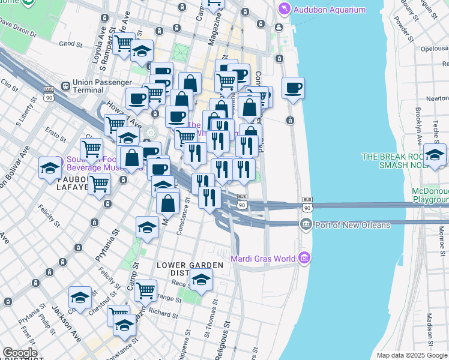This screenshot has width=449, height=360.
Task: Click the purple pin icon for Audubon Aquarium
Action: pyautogui.click(x=284, y=9)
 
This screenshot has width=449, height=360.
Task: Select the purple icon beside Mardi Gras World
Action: pyautogui.click(x=304, y=259)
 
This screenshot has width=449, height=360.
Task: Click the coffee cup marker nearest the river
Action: pyautogui.click(x=293, y=88)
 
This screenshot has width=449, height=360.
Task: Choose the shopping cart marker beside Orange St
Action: pyautogui.click(x=146, y=290)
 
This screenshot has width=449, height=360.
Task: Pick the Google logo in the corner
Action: pyautogui.click(x=20, y=353)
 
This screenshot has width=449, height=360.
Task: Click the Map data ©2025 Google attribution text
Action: pyautogui.click(x=412, y=355)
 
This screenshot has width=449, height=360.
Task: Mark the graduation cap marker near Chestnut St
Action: pyautogui.click(x=80, y=298)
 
